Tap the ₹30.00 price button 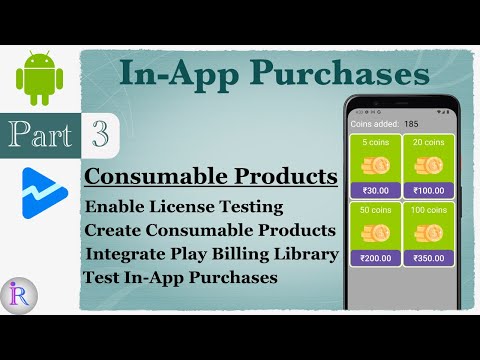[374, 190]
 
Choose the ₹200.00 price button [374, 258]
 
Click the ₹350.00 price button [428, 258]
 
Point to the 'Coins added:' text [374, 124]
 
